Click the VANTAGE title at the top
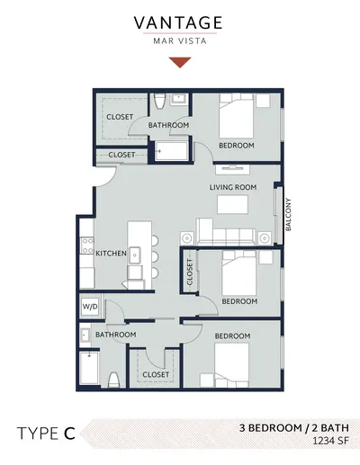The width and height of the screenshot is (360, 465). [178, 22]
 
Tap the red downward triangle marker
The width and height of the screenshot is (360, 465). [180, 62]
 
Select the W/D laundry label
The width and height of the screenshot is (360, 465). [90, 307]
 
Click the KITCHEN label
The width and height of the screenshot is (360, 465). [111, 254]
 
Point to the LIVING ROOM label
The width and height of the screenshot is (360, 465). [233, 187]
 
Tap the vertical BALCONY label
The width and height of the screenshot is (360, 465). [288, 214]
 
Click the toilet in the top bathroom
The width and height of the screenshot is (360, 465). [159, 101]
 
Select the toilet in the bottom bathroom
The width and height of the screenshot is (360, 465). [114, 380]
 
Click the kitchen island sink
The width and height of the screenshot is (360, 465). [135, 255]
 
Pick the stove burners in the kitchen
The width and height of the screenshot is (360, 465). [88, 246]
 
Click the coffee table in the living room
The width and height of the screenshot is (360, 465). [232, 204]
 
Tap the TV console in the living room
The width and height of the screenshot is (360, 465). [232, 169]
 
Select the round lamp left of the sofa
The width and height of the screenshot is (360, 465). [187, 238]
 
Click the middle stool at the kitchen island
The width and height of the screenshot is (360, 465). [155, 257]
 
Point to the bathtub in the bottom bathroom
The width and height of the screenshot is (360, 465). [89, 368]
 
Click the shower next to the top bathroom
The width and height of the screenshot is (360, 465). [172, 151]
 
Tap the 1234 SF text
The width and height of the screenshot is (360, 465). [330, 441]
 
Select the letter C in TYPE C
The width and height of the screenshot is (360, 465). [69, 434]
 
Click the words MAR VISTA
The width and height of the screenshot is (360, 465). [180, 40]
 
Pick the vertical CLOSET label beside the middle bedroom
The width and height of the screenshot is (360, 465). [190, 272]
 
